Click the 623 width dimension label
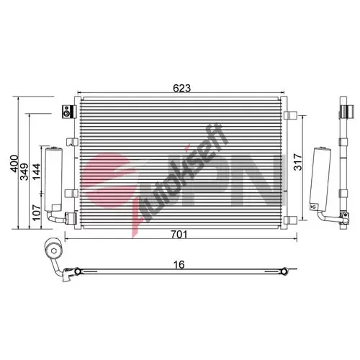181,89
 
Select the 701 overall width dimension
179,234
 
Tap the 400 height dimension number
14,163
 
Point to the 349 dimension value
24,171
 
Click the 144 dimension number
37,171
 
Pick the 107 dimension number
37,212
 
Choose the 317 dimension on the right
298,162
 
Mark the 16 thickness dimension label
179,264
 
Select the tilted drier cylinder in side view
321,179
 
